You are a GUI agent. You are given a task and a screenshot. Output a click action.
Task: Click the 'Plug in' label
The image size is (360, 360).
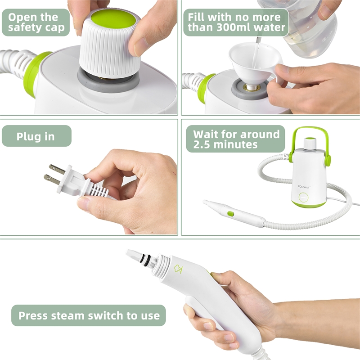point(36,136)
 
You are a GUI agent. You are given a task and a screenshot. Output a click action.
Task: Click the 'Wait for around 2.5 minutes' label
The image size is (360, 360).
point(236,139)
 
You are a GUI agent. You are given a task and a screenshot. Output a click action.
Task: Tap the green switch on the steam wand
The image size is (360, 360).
point(231,213)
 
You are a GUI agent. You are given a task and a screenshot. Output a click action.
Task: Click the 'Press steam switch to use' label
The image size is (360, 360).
point(89,315)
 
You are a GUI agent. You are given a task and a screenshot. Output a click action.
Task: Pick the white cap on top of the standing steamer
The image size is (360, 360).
point(309,144)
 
